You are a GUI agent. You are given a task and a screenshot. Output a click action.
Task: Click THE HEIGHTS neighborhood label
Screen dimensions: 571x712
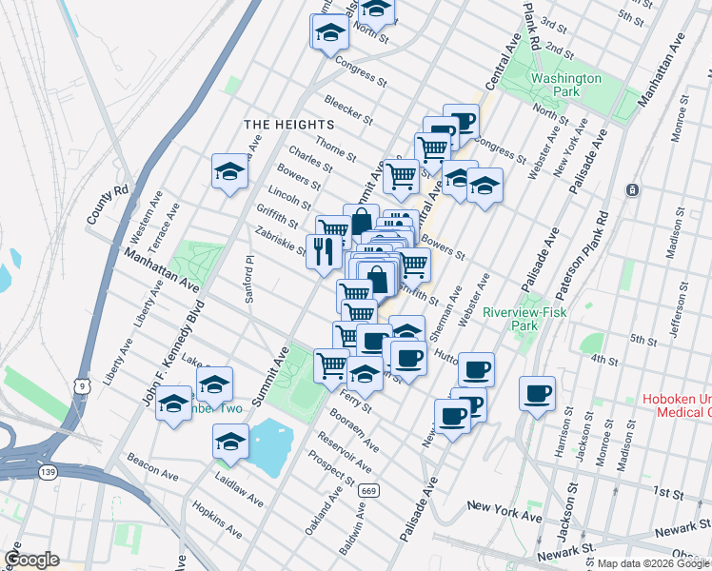coord(288,125)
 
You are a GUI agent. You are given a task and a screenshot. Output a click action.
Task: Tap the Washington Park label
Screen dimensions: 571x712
coord(566,85)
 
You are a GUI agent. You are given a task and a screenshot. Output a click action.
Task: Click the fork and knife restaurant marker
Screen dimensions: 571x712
coord(325,252)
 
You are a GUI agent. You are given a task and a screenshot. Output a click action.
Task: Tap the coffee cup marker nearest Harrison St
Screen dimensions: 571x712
coord(537,393)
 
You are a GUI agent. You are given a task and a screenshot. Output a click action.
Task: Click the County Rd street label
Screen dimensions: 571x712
coord(108,205)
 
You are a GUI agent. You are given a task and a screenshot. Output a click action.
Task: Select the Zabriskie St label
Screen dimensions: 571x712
coord(280,241)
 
